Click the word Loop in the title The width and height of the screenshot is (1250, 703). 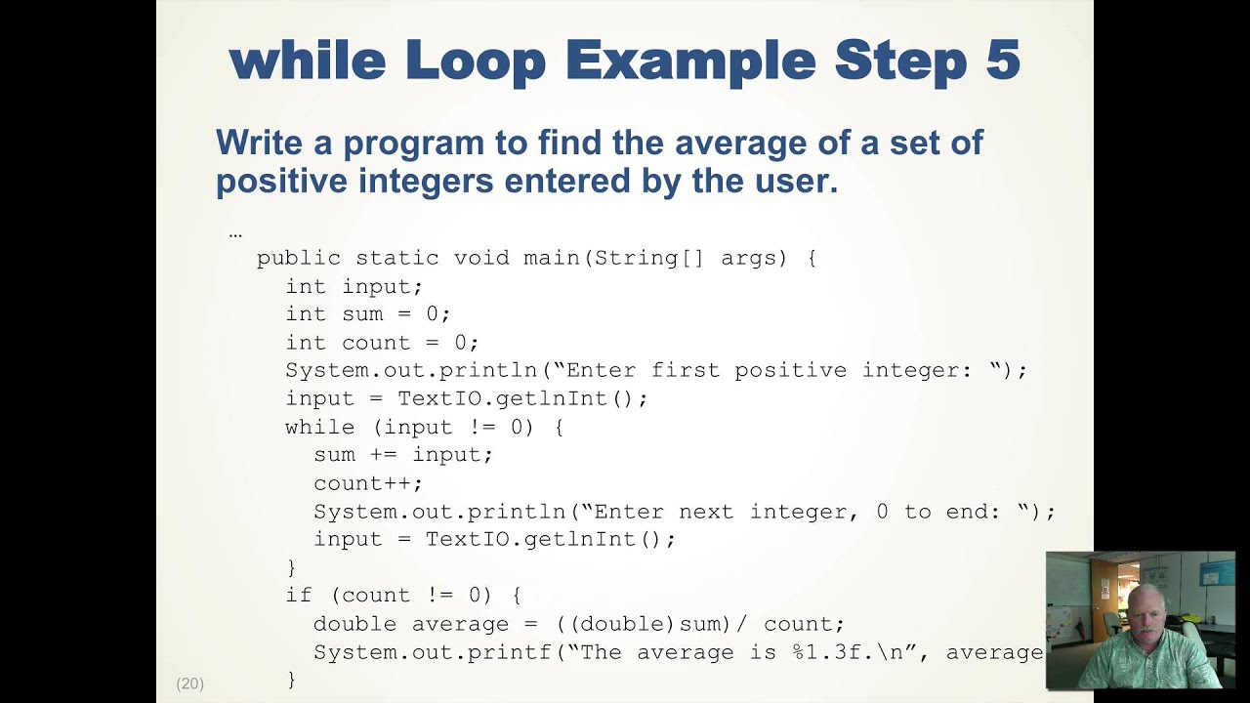coord(475,61)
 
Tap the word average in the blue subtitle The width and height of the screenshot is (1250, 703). coord(748,143)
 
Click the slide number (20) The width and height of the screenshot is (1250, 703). coord(189,683)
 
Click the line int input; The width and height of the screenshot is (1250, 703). coord(354,286)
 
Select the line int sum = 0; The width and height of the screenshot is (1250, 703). coord(367,314)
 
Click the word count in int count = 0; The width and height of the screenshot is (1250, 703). coord(376,343)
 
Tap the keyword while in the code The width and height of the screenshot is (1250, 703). coord(319,427)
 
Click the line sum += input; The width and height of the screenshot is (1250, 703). coord(403,455)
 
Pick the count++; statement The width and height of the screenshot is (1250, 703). coord(368,483)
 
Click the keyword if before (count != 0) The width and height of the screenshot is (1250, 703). coord(298,595)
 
